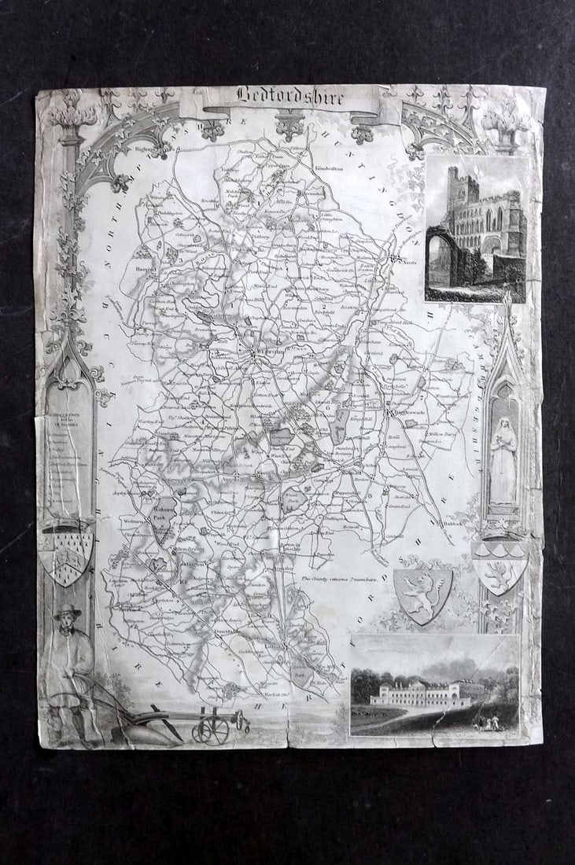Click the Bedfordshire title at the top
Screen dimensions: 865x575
289,97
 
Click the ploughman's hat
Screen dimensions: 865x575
68,612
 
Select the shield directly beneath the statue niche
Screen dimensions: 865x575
499,566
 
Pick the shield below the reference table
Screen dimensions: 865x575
67,555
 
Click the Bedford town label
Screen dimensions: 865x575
267,354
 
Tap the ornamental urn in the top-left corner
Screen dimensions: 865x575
73,117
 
